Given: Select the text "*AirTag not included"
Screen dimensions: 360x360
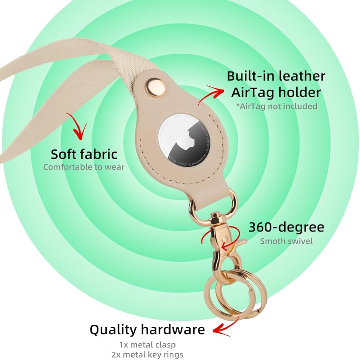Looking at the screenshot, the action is coord(276,106).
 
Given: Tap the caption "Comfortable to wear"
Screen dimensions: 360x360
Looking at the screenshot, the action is coord(84,167).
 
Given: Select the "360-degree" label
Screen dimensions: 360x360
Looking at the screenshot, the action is coord(286,227).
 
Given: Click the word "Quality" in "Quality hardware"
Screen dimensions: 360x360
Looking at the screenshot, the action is coord(113,329).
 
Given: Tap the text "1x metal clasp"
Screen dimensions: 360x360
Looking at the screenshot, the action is coord(148,345).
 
